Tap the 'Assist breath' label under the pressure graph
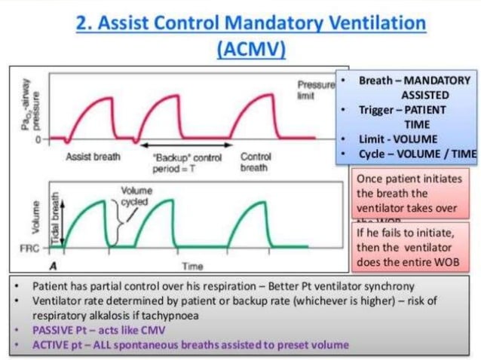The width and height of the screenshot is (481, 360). click(88, 157)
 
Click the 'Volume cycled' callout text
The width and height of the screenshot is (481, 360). click(136, 197)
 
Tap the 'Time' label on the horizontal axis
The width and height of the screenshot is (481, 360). click(191, 266)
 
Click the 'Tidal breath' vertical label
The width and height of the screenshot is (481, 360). click(55, 218)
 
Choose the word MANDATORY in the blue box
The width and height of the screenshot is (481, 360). click(434, 81)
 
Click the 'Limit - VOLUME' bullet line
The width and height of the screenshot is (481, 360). click(396, 140)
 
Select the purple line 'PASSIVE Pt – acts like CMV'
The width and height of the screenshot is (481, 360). click(100, 330)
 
